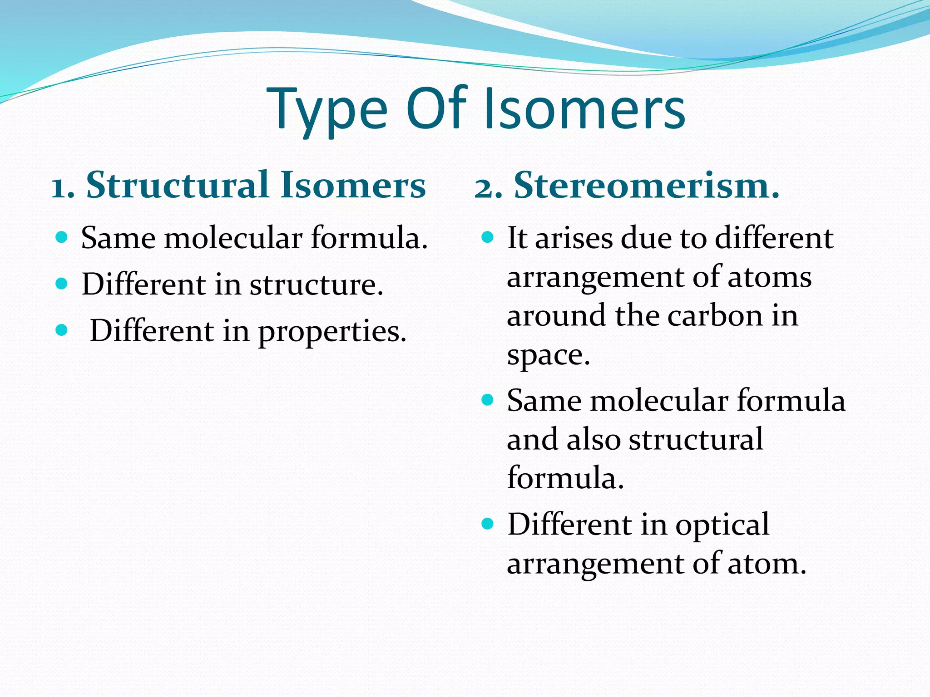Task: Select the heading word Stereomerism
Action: [647, 186]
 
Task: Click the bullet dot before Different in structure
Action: [61, 284]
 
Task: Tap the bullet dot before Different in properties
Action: [61, 330]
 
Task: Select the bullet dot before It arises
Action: [487, 237]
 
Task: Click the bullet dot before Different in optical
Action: [487, 524]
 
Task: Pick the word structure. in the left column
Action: [317, 285]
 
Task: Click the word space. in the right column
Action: [548, 355]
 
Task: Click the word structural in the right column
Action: [696, 439]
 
